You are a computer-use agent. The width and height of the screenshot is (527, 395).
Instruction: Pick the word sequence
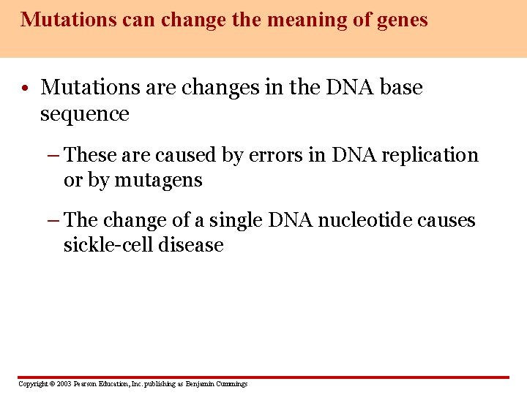point(84,114)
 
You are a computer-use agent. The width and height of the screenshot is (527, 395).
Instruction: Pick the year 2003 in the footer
point(63,384)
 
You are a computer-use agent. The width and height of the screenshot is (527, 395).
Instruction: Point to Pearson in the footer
point(86,384)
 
